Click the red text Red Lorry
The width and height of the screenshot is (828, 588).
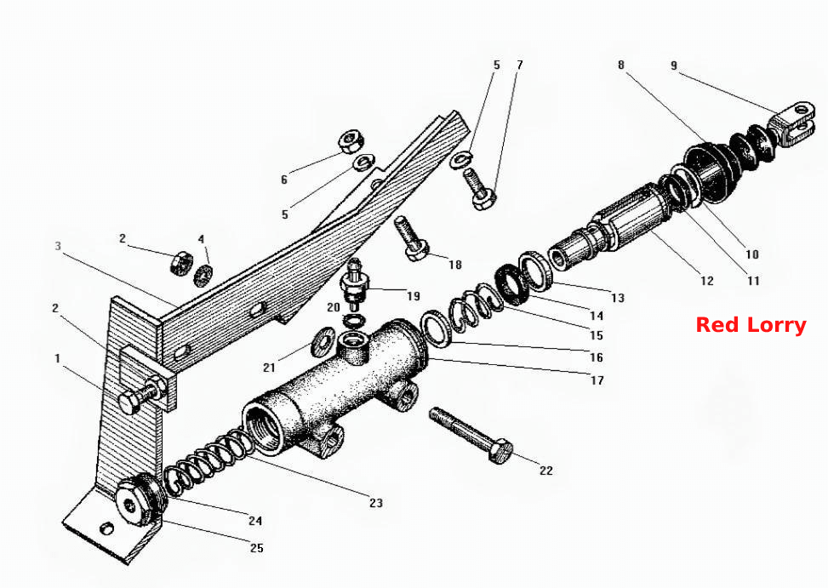point(751,325)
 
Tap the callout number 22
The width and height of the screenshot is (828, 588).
point(546,471)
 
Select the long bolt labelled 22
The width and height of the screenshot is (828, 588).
point(471,436)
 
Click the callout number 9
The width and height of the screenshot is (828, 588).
point(674,66)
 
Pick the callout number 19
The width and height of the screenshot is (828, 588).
point(414,296)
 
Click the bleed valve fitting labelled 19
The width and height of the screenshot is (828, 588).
point(354,285)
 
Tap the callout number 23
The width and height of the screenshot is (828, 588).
point(376,503)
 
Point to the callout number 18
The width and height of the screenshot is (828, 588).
point(455,265)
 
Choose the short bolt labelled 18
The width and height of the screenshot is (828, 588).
point(411,237)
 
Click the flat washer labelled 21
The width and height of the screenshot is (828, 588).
point(323,341)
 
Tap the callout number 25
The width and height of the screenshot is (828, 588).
point(257,548)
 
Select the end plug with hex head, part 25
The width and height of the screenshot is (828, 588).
point(139,500)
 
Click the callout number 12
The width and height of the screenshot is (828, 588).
point(706,281)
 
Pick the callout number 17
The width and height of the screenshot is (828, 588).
point(597,380)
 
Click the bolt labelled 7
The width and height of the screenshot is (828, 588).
point(479,188)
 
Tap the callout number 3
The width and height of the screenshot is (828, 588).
point(58,246)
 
